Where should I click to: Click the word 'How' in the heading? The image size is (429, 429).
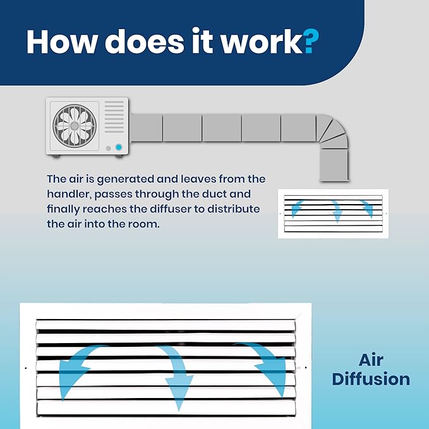coord(62,41)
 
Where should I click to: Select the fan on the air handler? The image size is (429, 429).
coord(75,126)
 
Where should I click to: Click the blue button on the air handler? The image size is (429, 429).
coord(119,147)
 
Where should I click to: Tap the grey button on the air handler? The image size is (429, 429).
coord(108,148)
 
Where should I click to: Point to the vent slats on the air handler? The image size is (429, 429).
coord(114,117)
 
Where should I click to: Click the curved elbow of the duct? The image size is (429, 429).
coord(332,131)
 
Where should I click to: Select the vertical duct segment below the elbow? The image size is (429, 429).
coord(334,165)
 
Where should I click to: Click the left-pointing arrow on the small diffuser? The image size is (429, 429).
coord(296,208)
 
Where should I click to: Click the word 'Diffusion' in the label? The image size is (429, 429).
coord(371,379)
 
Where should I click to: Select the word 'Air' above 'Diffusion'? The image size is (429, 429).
coord(371,360)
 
